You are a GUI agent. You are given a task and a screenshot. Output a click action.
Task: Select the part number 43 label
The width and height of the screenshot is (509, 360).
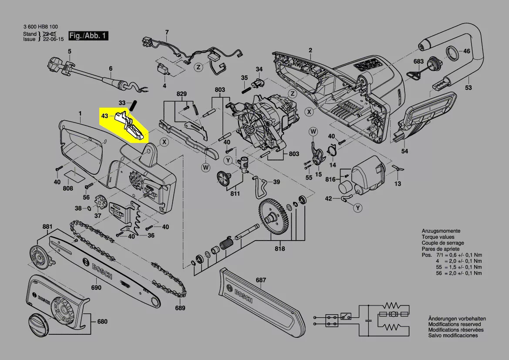tap(104, 116)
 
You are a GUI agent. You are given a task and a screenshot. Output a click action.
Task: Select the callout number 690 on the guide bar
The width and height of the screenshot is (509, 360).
tap(96, 288)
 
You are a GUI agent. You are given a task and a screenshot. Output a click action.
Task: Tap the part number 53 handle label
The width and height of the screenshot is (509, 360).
tap(468, 88)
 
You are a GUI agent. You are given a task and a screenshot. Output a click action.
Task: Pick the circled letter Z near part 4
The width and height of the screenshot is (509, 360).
tap(198, 67)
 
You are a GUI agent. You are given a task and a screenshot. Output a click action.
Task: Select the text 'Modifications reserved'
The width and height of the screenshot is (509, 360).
tap(455, 324)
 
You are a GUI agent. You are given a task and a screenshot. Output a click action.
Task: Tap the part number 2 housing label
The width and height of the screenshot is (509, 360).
tap(310, 50)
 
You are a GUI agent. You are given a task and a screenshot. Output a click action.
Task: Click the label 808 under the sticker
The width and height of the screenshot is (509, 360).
tap(68, 189)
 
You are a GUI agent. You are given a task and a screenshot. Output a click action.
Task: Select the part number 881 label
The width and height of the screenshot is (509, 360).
tap(47, 227)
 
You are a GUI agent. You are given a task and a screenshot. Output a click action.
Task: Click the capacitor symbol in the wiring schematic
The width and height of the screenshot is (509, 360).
tap(369, 320)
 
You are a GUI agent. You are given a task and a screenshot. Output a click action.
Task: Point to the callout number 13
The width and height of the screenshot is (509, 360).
tap(398, 183)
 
